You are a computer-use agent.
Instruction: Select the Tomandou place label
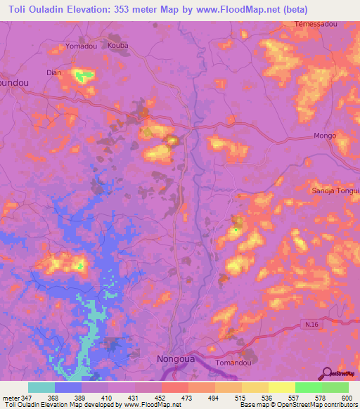[x=236, y=363]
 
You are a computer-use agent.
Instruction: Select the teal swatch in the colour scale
[x=41, y=387]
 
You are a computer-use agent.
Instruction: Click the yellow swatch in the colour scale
[x=281, y=387]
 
